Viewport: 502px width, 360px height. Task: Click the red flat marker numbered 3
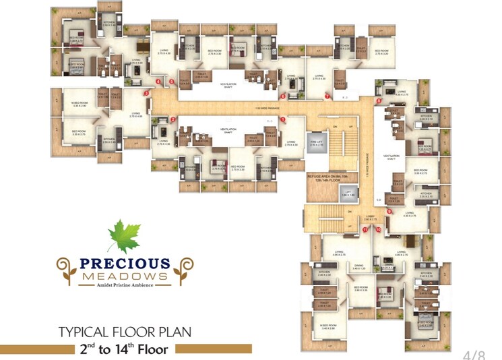point(146,93)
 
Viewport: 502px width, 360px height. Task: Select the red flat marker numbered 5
point(172,82)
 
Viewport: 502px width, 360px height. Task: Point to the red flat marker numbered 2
point(173,120)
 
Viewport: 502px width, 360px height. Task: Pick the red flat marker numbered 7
point(327,96)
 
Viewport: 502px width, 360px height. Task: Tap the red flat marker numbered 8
point(379,101)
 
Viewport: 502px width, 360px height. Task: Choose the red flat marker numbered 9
point(389,212)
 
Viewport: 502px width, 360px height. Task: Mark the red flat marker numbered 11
point(365,230)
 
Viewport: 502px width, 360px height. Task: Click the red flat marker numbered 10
point(379,230)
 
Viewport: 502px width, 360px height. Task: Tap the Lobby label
point(370,216)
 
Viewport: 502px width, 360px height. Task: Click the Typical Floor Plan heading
point(125,332)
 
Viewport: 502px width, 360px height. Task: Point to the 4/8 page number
point(474,354)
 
